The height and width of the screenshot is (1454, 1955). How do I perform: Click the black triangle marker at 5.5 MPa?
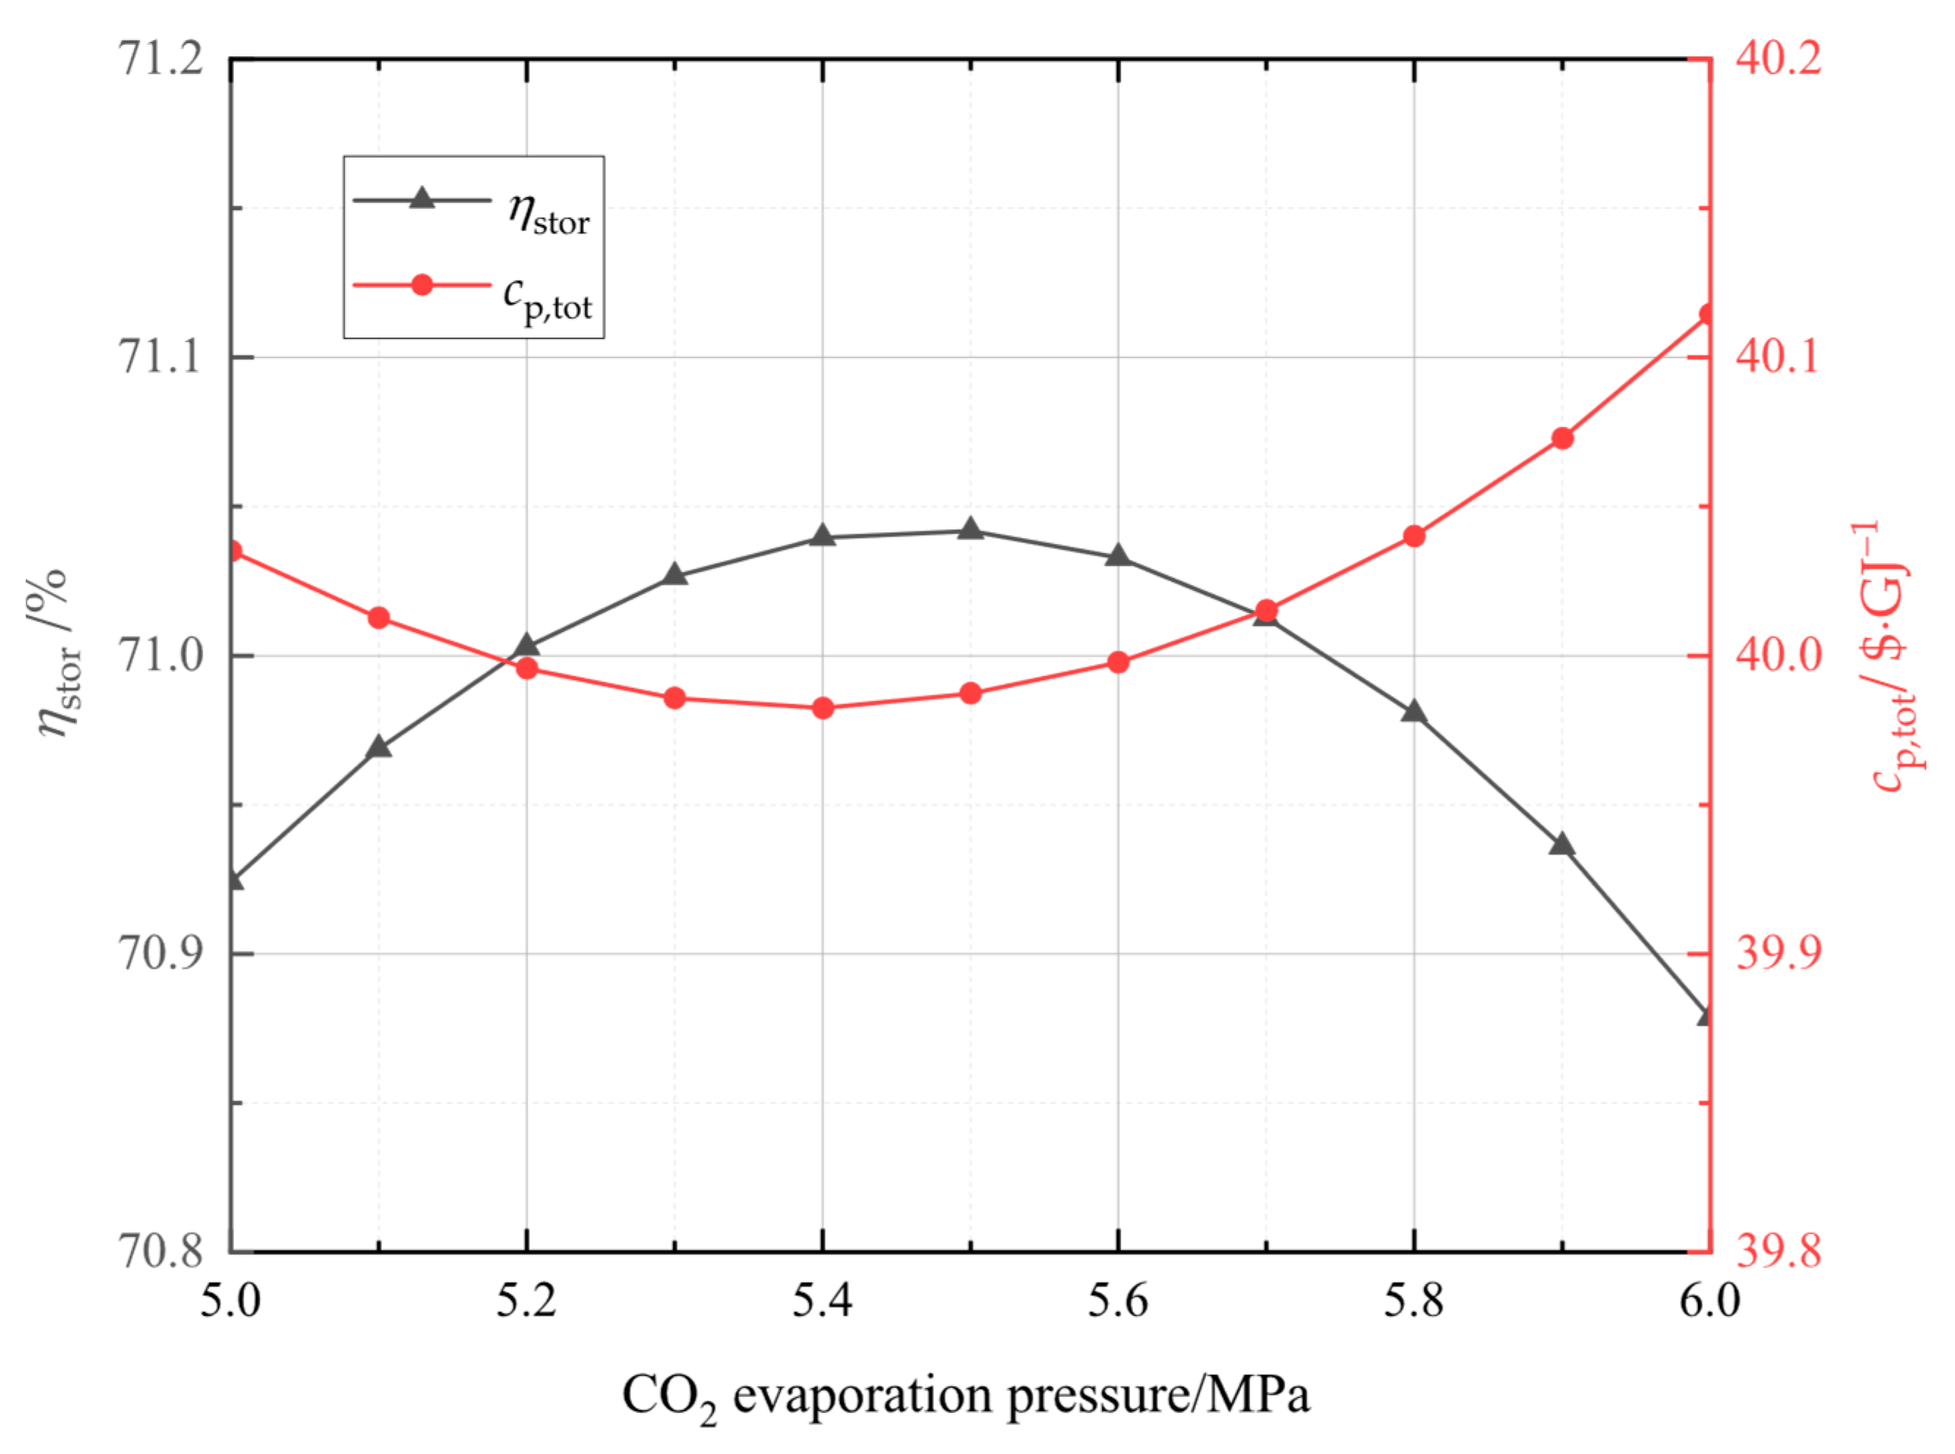(x=971, y=530)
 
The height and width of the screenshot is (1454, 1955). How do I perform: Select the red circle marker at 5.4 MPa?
(x=823, y=709)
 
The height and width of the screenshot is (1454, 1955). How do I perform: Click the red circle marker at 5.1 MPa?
(x=379, y=618)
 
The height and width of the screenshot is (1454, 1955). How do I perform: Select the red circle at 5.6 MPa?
(x=1118, y=663)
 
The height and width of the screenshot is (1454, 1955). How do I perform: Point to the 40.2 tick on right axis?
(x=1778, y=60)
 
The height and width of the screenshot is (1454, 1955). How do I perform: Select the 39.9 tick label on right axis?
(x=1778, y=953)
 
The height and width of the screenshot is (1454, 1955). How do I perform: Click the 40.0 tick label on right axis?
(x=1778, y=656)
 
